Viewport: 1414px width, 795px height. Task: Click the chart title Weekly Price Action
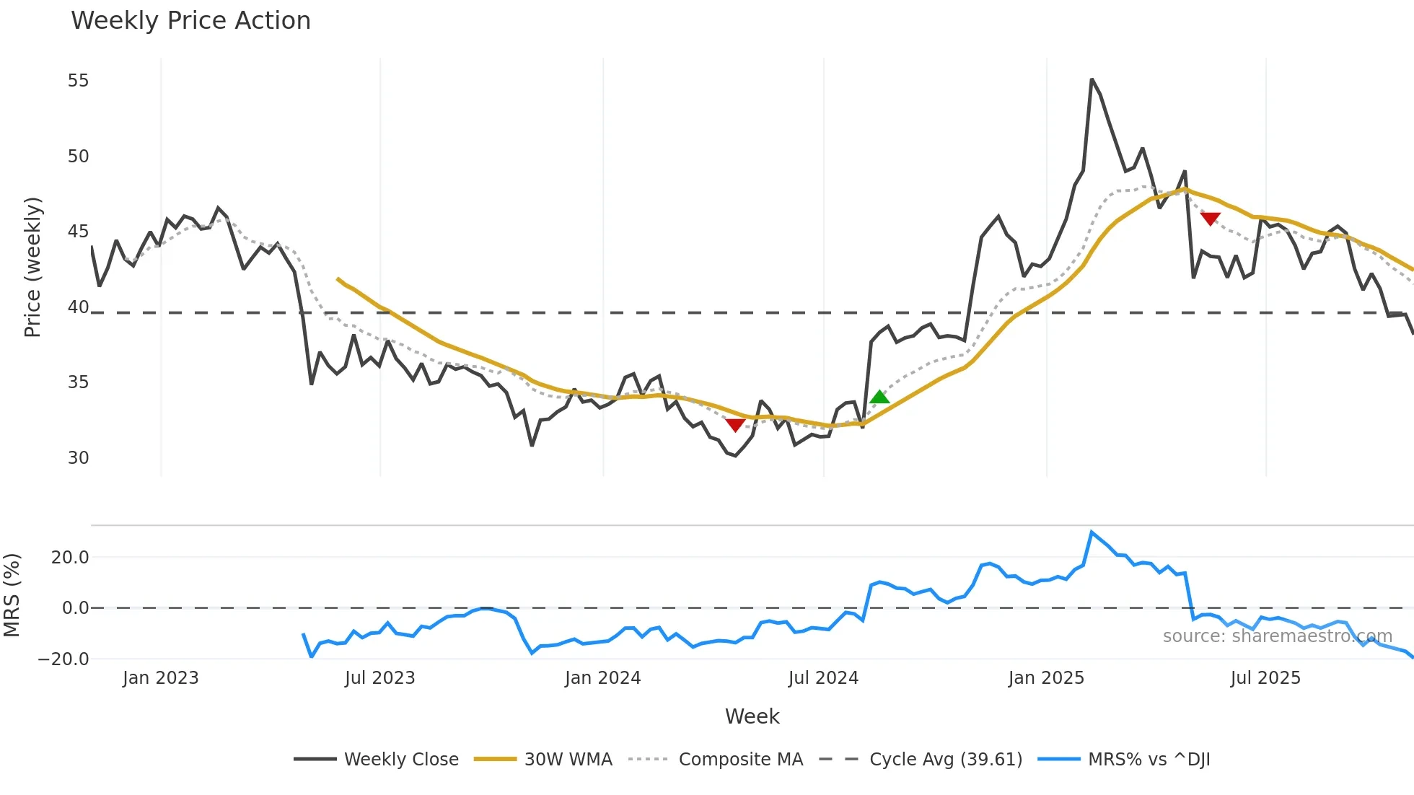190,21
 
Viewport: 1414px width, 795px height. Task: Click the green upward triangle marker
879,397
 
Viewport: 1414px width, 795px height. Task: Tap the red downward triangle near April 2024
735,425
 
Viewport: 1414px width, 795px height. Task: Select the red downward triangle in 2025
1210,219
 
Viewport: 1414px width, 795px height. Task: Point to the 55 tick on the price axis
78,81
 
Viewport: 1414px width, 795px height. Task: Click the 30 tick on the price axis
78,458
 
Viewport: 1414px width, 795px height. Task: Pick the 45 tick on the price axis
78,232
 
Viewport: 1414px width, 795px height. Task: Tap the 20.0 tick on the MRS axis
70,557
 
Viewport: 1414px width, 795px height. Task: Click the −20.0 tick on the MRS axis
63,659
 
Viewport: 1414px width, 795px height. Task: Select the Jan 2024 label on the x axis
602,678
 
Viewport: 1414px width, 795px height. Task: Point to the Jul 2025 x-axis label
1265,678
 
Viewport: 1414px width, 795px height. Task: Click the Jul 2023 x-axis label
379,678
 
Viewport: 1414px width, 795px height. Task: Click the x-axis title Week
752,716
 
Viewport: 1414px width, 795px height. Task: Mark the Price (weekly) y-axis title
32,267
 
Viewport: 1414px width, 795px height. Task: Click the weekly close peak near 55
1092,79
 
